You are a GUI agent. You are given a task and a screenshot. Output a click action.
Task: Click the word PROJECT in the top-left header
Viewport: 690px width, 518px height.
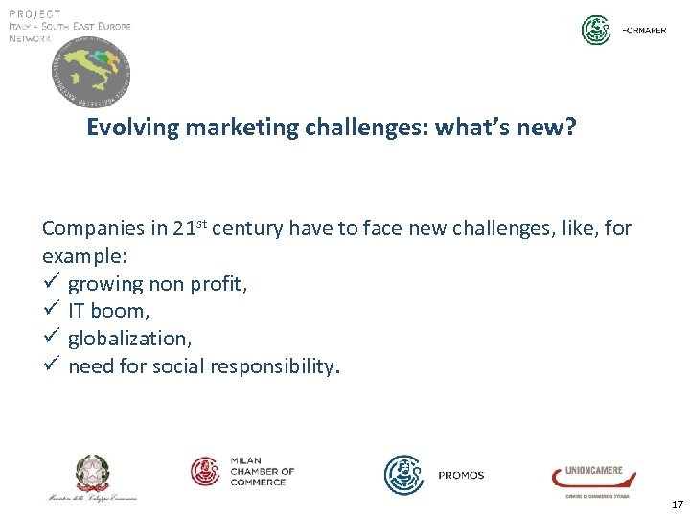coord(35,13)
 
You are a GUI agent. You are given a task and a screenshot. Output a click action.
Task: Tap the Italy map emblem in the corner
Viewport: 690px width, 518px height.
coord(91,75)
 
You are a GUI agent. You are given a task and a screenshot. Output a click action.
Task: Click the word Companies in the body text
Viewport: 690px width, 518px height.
coord(93,228)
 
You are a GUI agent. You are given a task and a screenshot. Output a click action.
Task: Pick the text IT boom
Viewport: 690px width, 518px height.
coord(108,311)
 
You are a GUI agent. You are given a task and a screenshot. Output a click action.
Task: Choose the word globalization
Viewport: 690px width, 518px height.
coord(128,339)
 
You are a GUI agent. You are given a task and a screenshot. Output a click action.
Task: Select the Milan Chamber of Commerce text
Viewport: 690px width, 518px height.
coord(261,471)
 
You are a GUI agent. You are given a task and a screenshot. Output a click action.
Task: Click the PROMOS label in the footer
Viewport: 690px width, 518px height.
coord(461,475)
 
